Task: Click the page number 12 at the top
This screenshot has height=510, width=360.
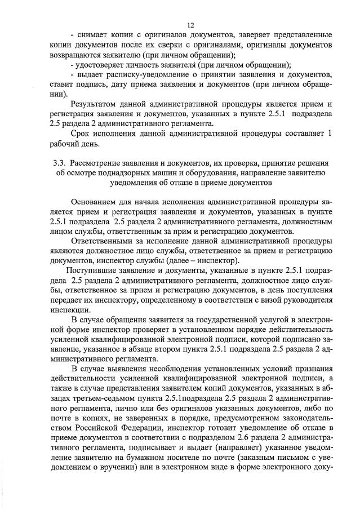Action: click(191, 25)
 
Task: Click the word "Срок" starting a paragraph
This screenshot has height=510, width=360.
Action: click(82, 133)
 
